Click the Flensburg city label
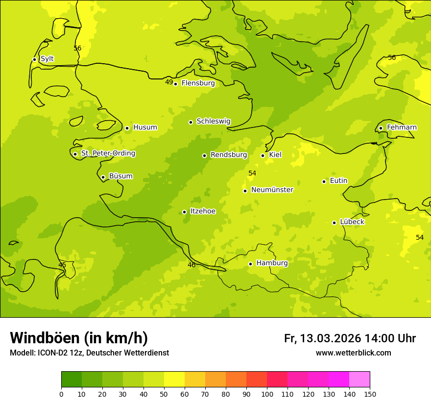tap(198, 83)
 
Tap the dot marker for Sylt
tap(34, 59)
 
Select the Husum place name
tap(145, 127)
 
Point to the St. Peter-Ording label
tap(108, 153)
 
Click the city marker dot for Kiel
tap(263, 155)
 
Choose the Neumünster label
tap(272, 190)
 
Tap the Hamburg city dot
tap(250, 264)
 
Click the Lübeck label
tap(352, 222)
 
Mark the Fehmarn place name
tap(402, 127)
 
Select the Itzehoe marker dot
tap(184, 212)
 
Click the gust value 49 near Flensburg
tap(169, 82)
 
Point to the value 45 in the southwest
tap(62, 265)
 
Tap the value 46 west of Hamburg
tap(192, 265)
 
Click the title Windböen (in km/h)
tap(79, 338)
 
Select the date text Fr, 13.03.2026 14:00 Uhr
tap(350, 338)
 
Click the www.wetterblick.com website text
tap(353, 353)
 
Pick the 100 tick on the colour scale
tap(267, 394)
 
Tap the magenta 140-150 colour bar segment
tap(359, 379)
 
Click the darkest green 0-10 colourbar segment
tap(72, 379)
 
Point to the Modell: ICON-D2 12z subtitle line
tap(89, 353)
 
